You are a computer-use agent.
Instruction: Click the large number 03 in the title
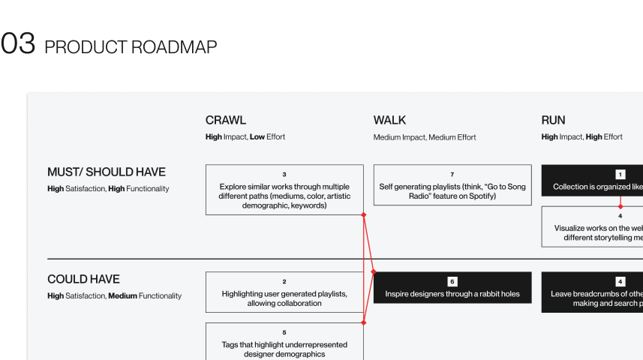18,45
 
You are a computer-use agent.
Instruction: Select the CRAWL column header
225,120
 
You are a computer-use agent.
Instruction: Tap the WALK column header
389,120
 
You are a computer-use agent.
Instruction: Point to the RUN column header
553,120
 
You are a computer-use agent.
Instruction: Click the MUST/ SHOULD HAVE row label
107,172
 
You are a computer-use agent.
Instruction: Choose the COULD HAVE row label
83,279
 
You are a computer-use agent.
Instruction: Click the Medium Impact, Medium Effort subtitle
425,137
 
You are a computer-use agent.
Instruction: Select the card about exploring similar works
284,190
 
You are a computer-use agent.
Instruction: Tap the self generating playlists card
452,185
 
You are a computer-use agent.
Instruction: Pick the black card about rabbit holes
452,288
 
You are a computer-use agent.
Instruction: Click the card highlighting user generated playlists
284,292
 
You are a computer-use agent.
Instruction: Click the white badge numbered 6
452,281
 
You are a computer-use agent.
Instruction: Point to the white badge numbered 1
620,174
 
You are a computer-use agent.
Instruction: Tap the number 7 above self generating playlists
452,174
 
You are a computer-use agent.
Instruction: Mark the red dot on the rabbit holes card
374,272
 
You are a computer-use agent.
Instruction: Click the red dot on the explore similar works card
364,215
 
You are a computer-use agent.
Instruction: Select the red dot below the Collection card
620,206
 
